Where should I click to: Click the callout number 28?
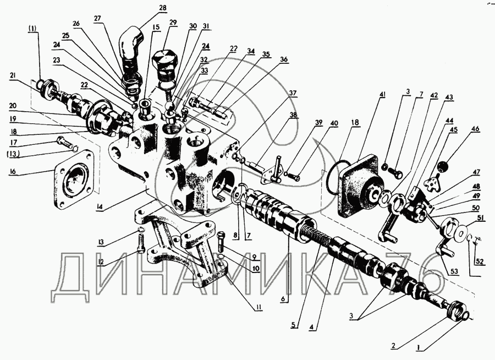pyautogui.click(x=163, y=8)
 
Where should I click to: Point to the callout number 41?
pyautogui.click(x=383, y=95)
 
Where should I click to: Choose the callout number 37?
pyautogui.click(x=293, y=93)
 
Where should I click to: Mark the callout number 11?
pyautogui.click(x=259, y=306)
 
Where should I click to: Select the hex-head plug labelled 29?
pyautogui.click(x=165, y=66)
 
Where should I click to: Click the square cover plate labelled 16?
pyautogui.click(x=74, y=180)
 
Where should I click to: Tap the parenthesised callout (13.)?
pyautogui.click(x=13, y=154)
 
